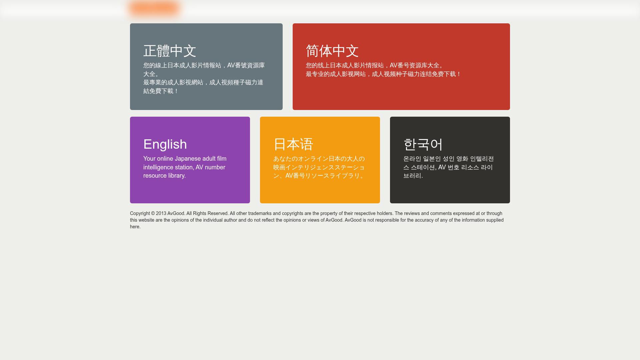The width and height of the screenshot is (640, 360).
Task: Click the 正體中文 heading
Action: (170, 51)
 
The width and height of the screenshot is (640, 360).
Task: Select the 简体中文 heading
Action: (332, 51)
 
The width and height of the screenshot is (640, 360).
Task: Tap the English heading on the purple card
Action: (165, 144)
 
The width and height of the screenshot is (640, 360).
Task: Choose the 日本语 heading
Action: (293, 144)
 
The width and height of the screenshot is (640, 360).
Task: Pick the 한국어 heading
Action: (423, 144)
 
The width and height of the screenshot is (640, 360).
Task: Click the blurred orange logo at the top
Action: (155, 9)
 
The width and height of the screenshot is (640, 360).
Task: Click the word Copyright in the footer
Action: (140, 213)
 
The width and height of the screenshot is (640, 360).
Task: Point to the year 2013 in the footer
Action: (161, 213)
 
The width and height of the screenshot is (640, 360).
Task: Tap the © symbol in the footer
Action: (153, 213)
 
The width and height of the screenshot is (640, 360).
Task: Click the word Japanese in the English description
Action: (188, 159)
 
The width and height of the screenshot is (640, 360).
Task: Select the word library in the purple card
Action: (177, 176)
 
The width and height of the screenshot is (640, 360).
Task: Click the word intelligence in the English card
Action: (158, 167)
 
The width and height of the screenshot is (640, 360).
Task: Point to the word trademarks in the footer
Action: (260, 213)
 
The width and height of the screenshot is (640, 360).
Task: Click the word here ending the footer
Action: (135, 227)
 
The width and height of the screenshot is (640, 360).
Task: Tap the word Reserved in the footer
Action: (218, 213)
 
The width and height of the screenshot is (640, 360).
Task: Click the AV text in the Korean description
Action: (442, 167)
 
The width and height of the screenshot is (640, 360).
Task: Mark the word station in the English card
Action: (184, 167)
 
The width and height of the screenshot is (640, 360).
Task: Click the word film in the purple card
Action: (222, 159)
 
